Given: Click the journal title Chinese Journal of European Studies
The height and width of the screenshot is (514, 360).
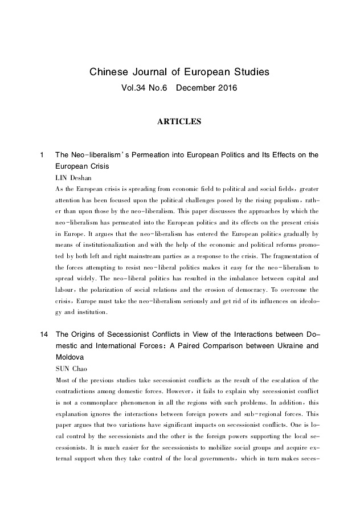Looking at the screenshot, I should click(179, 73).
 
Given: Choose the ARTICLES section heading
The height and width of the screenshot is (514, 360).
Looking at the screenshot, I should click(179, 121).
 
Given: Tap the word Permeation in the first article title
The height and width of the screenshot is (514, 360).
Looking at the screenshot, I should click(145, 155).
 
